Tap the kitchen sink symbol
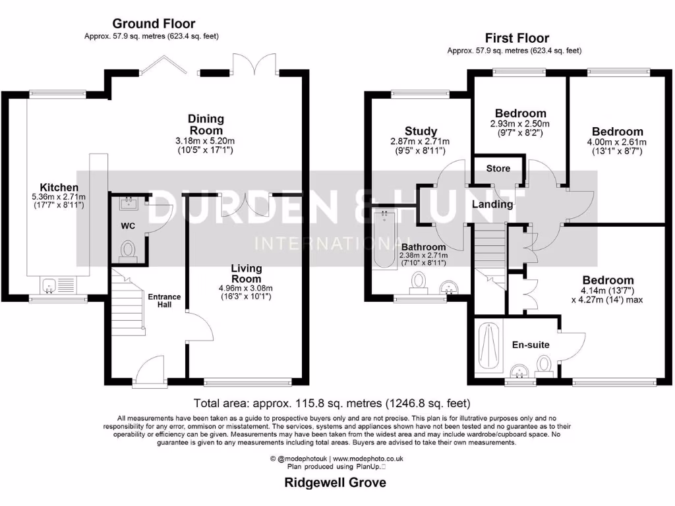49,285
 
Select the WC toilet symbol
129,251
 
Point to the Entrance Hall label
164,300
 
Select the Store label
498,169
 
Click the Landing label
492,204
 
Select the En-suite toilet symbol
544,364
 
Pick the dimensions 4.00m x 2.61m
617,142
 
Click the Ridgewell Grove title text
335,482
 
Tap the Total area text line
332,403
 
